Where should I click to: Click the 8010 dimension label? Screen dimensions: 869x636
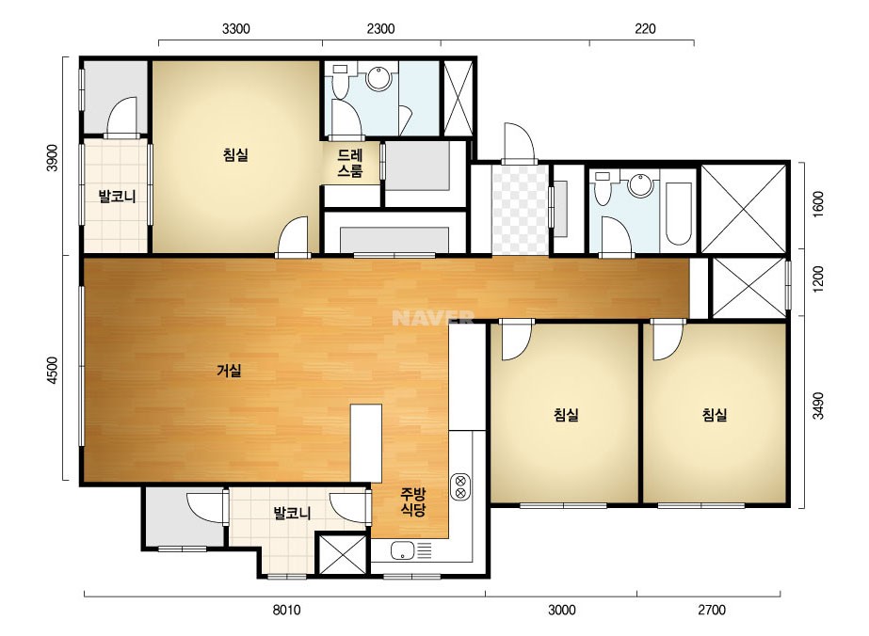point(286,610)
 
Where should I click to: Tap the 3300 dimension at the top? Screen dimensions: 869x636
point(236,29)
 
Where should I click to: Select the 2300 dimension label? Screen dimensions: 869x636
point(380,29)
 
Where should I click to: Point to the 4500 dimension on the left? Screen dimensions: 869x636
point(52,370)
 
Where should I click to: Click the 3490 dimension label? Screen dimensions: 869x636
point(818,405)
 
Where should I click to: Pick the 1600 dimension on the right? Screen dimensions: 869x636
point(818,204)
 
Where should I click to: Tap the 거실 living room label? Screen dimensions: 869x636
point(229,370)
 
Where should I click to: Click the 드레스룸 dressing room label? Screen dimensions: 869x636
point(350,163)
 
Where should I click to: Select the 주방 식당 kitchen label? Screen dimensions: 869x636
point(413,501)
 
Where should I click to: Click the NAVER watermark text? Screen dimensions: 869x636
point(433,317)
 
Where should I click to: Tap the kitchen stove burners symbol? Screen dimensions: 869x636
point(460,487)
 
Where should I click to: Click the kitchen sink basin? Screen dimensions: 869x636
point(402,550)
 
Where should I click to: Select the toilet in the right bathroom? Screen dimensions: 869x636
point(602,188)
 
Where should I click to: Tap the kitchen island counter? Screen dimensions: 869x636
point(366,443)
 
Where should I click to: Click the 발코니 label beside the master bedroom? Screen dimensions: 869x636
point(117,196)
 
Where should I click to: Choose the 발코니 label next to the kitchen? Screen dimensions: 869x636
point(292,513)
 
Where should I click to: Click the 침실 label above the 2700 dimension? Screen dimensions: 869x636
point(715,414)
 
